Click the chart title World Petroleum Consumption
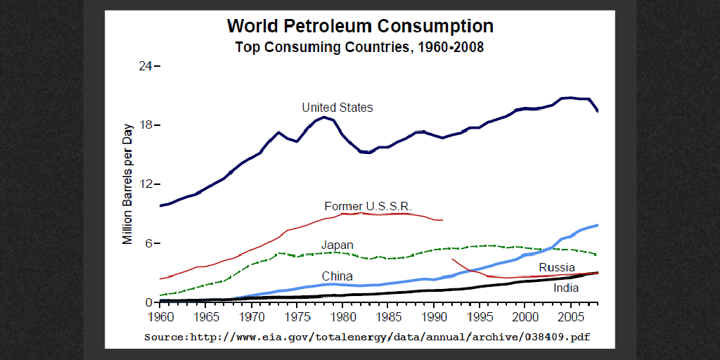(360, 27)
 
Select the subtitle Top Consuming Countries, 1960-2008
(359, 48)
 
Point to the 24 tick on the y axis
(146, 66)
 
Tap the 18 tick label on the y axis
(146, 125)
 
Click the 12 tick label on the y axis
(146, 184)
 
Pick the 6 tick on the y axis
(149, 243)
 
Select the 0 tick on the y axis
(149, 302)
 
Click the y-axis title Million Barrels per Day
(128, 184)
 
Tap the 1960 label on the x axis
(160, 316)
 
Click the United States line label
(337, 108)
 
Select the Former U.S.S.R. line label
(368, 206)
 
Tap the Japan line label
(337, 245)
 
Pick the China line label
(337, 276)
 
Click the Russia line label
(557, 267)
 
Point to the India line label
(566, 288)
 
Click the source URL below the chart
(367, 337)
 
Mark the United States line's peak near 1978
(324, 117)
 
